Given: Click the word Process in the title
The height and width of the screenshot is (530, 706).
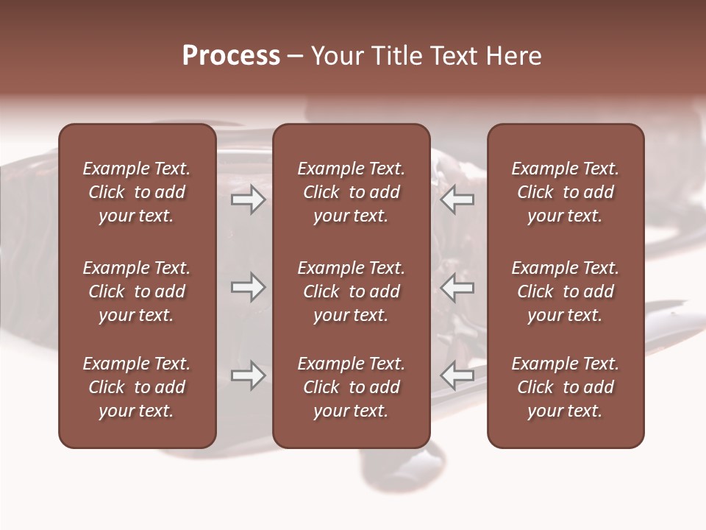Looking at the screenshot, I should tap(231, 56).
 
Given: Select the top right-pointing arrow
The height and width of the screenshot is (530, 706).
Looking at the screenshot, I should tap(248, 199).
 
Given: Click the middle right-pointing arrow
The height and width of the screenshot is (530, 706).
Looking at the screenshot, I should tap(248, 287).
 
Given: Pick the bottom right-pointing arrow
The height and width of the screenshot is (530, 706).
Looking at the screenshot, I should tap(248, 375).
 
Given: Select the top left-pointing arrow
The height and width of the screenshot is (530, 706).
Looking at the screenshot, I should tap(457, 199).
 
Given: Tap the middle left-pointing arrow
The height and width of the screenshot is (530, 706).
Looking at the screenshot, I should tap(457, 287).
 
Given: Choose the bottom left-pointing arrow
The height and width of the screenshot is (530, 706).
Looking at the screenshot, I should tap(457, 375).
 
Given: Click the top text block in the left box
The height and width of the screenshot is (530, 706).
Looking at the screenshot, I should tap(137, 192).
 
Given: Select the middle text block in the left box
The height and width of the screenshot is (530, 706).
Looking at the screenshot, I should tap(137, 291).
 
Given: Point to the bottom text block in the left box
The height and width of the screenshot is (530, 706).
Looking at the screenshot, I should tap(137, 387).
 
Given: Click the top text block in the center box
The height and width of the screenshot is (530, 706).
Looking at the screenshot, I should tap(351, 192).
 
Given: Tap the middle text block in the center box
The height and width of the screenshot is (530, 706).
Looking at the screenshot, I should tap(351, 291).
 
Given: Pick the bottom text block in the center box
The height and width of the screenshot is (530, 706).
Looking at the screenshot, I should tap(351, 387).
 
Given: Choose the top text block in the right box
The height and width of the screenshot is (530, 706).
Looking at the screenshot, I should tap(565, 192).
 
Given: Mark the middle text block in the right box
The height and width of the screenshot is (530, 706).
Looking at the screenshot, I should tap(565, 291).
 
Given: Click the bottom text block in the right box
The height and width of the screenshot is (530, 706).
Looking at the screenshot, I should tap(565, 387).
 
